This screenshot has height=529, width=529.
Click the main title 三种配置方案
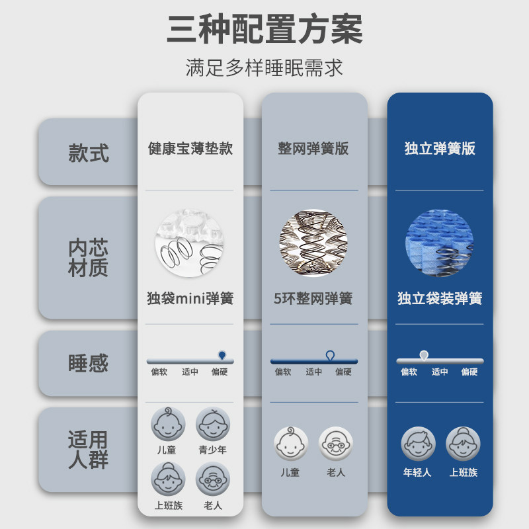pyautogui.click(x=264, y=30)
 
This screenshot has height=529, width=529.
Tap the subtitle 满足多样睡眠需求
pyautogui.click(x=264, y=68)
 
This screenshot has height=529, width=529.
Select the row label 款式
pyautogui.click(x=88, y=153)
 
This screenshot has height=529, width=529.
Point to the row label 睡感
pyautogui.click(x=88, y=363)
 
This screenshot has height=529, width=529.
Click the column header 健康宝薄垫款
pyautogui.click(x=190, y=148)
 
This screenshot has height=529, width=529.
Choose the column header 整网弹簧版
pyautogui.click(x=313, y=148)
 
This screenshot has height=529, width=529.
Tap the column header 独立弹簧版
pyautogui.click(x=440, y=148)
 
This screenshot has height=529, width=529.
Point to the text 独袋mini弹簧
pyautogui.click(x=190, y=298)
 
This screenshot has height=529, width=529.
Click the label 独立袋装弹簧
pyautogui.click(x=440, y=298)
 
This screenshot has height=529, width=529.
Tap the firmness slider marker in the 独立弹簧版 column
pyautogui.click(x=424, y=355)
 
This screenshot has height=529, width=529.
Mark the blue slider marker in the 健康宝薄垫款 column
pyautogui.click(x=222, y=356)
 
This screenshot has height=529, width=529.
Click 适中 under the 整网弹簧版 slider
pyautogui.click(x=314, y=372)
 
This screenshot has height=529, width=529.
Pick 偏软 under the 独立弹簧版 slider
pyautogui.click(x=409, y=372)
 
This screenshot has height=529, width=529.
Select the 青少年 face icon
pyautogui.click(x=213, y=424)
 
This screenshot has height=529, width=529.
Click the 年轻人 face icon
pyautogui.click(x=417, y=444)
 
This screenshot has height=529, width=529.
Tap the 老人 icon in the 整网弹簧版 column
pyautogui.click(x=336, y=444)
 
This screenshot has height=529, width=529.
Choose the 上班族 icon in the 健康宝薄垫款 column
pyautogui.click(x=168, y=479)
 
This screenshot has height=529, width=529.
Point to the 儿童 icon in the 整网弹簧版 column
pyautogui.click(x=290, y=444)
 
